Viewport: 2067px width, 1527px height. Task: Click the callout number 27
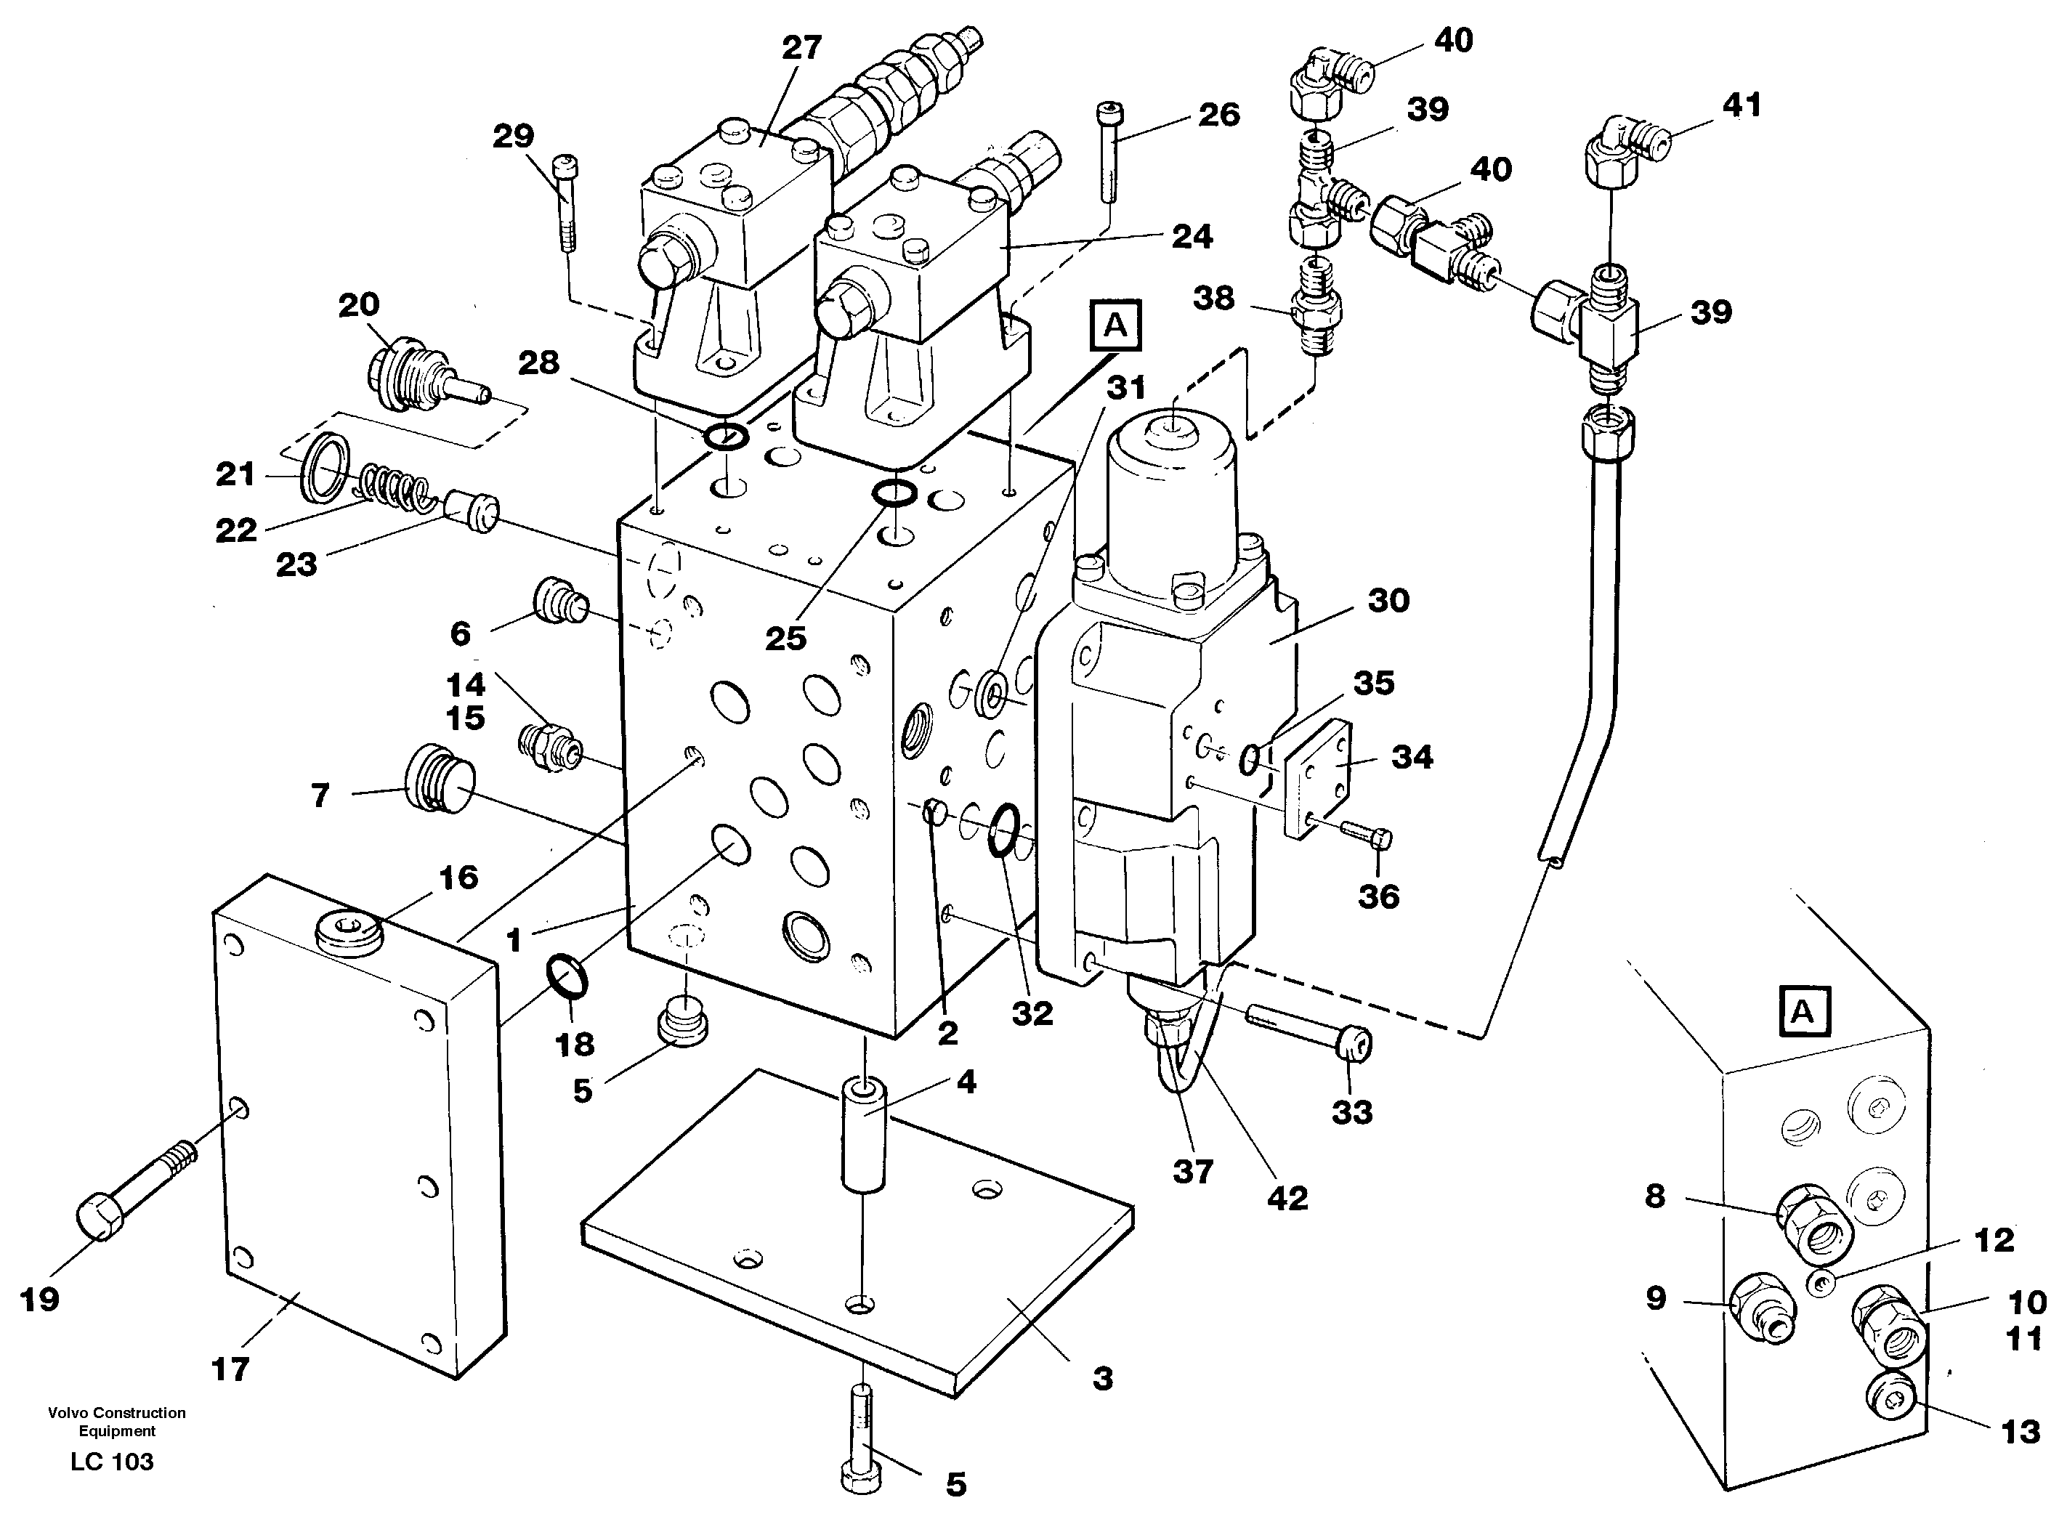click(801, 48)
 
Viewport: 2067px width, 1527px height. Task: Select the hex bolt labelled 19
click(129, 1190)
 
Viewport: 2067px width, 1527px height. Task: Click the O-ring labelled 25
click(895, 493)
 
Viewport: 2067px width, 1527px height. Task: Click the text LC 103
click(112, 1462)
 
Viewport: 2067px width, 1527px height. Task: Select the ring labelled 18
click(567, 978)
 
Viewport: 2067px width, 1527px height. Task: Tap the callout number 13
click(2020, 1432)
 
